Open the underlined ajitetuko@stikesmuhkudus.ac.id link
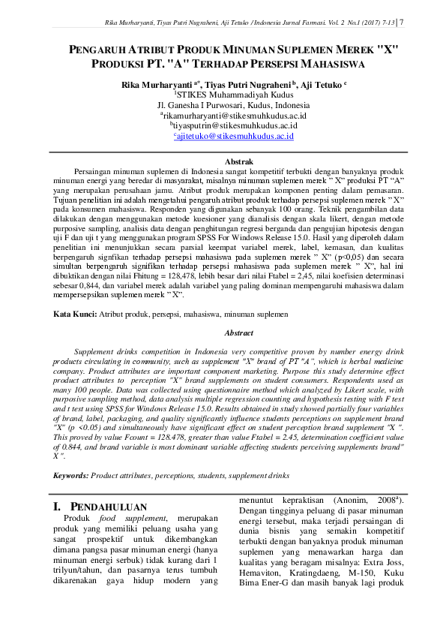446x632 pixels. [x=233, y=136]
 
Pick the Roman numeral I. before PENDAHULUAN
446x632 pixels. [x=58, y=507]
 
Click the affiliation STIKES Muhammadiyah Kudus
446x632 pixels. [x=233, y=95]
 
